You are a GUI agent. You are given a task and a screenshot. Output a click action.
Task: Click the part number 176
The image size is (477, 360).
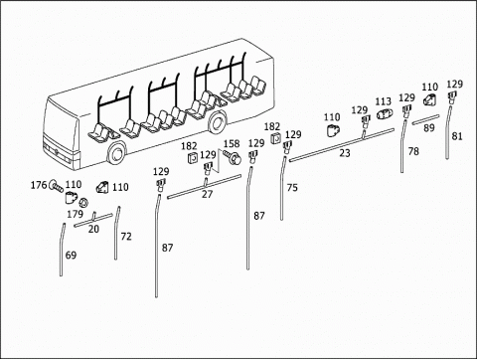click(39, 185)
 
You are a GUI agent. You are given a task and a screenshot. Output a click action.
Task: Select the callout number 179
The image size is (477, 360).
click(75, 214)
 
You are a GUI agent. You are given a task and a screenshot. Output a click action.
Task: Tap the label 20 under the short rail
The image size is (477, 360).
click(93, 229)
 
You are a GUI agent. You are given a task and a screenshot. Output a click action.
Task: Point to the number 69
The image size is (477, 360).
click(71, 256)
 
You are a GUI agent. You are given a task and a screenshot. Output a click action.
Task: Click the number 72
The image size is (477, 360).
click(126, 237)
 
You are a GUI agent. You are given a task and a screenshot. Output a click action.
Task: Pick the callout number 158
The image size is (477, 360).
click(232, 144)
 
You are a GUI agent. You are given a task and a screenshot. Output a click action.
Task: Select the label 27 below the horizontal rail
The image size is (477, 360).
click(208, 194)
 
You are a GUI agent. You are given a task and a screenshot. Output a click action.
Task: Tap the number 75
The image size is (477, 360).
click(292, 188)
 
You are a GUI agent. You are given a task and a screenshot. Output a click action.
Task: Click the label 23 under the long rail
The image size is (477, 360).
click(345, 153)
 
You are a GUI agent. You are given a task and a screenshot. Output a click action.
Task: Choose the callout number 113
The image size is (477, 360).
click(384, 101)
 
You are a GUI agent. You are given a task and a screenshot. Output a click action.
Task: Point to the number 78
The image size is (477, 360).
click(413, 151)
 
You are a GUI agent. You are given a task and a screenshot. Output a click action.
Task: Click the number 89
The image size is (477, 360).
click(429, 128)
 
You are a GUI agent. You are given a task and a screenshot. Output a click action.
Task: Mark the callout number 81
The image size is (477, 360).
click(457, 136)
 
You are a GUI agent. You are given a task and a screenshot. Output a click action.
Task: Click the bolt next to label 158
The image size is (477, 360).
click(233, 157)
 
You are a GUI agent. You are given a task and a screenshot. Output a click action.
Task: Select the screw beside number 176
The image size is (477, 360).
click(56, 187)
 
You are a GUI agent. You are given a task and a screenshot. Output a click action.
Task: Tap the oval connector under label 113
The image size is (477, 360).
click(384, 114)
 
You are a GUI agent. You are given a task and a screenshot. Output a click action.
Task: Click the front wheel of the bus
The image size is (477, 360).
click(116, 153)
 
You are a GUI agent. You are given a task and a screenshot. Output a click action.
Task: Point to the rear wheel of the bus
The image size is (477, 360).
click(217, 121)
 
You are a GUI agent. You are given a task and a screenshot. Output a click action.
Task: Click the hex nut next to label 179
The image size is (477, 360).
click(83, 202)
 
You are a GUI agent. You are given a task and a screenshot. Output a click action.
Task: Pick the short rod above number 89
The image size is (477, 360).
click(425, 119)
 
